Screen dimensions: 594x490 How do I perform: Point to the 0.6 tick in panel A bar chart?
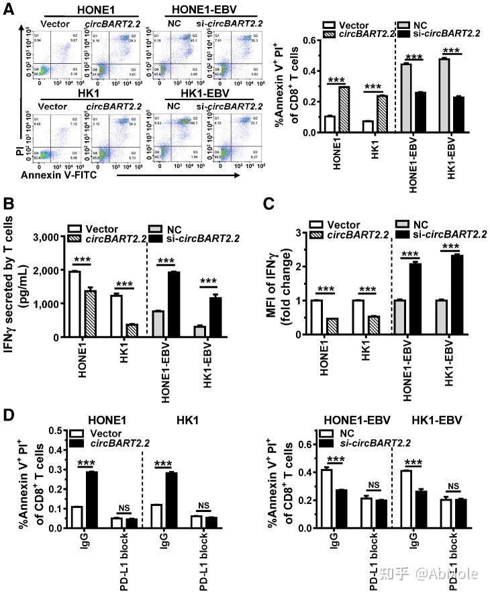(308, 40)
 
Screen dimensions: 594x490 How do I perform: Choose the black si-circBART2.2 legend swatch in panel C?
(404, 233)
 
